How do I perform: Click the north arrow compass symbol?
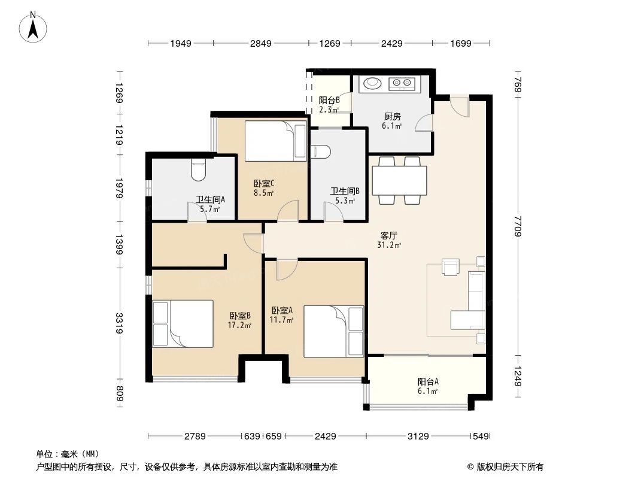[x=34, y=26]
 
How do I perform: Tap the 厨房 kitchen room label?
[x=392, y=117]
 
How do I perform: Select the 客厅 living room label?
[x=389, y=236]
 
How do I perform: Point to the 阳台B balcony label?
[x=329, y=101]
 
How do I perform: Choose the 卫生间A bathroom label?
[x=210, y=201]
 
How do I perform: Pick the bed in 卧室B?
[x=183, y=323]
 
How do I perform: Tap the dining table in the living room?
[x=399, y=180]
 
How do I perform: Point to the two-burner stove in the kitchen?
[x=403, y=83]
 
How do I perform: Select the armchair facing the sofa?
[x=450, y=266]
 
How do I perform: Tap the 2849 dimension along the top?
[x=261, y=43]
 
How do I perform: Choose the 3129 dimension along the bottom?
[x=418, y=436]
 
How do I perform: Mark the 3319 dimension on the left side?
[x=119, y=323]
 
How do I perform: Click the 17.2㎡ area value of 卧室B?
[x=239, y=326]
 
